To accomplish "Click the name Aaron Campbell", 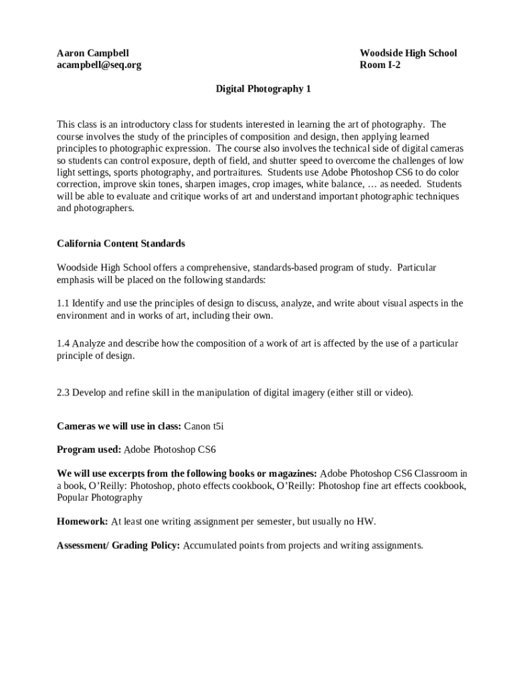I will click(93, 53).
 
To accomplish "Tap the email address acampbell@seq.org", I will click(99, 65).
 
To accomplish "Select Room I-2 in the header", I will click(380, 65).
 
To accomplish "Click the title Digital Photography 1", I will click(263, 88).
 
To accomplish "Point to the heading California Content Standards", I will click(121, 243).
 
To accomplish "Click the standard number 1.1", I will click(63, 303).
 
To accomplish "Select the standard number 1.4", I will click(63, 343).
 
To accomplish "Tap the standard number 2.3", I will click(63, 392).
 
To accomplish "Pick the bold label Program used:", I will click(89, 449).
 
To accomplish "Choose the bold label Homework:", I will click(82, 520).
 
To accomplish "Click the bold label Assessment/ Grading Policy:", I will click(118, 545).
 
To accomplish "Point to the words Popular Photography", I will click(100, 498).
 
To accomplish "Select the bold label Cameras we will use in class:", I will click(114, 425).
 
